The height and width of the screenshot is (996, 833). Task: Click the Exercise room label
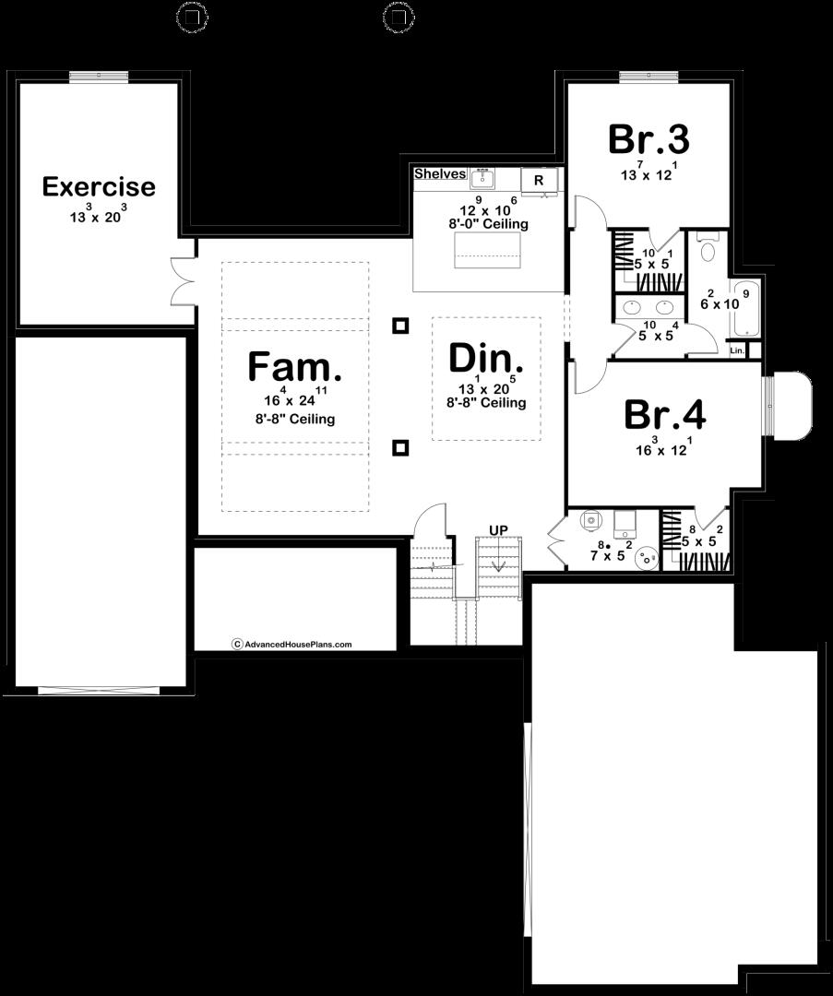(x=99, y=187)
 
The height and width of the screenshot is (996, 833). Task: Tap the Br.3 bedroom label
(x=649, y=139)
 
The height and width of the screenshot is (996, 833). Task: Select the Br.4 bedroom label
(x=664, y=415)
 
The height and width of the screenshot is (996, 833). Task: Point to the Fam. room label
(x=294, y=366)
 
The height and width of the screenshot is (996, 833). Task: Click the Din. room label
(x=486, y=358)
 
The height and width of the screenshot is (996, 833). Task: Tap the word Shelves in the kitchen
(x=439, y=174)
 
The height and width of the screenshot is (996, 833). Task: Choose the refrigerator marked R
(x=539, y=180)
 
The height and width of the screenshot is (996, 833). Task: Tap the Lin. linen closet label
(x=737, y=351)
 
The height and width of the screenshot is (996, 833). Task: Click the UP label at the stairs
(x=498, y=529)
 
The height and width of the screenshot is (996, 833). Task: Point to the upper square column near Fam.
(x=399, y=326)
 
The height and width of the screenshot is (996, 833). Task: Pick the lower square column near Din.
(x=399, y=448)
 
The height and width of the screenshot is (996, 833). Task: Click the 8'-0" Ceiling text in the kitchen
(x=489, y=224)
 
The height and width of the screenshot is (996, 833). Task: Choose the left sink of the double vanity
(x=634, y=306)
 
